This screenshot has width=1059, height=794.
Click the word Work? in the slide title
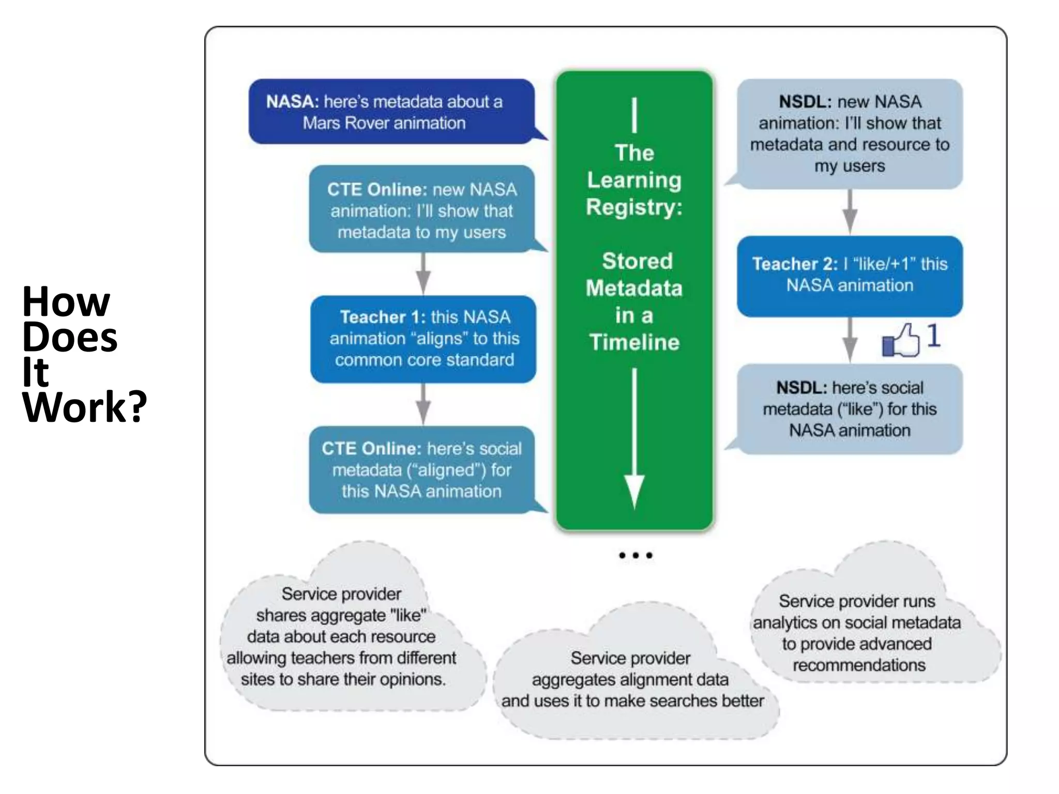coord(85,407)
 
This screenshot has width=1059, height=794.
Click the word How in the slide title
coord(66,301)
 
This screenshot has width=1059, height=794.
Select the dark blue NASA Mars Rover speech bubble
coord(391,112)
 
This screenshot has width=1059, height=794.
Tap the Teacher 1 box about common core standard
coord(423,339)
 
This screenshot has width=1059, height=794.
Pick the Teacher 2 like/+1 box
coord(849,276)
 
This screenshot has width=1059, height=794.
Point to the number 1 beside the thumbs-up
coord(933,335)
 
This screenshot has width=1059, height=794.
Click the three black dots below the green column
coord(636,555)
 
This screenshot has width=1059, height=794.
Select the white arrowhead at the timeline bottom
coord(634,491)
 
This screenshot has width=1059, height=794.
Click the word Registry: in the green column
coord(634,207)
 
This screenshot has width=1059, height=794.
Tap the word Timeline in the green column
coord(634,342)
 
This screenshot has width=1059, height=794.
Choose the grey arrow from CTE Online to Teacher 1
coord(423,274)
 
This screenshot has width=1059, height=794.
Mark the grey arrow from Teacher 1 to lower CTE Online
coord(423,404)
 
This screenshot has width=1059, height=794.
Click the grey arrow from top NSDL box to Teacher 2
coord(850,212)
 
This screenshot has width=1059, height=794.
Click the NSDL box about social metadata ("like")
coord(849,409)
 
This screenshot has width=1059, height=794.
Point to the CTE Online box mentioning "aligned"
coord(422,469)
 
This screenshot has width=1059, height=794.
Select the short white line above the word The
coord(634,115)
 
